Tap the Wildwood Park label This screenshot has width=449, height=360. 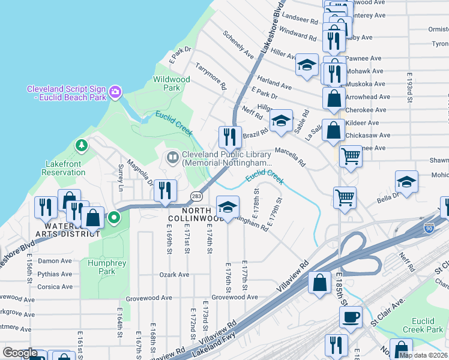coord(172,83)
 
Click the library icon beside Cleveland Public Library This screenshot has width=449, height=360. coord(172,157)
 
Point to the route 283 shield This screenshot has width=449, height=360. coord(196,197)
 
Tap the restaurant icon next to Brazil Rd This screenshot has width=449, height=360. coord(229,137)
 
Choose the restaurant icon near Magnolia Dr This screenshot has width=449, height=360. coord(164,190)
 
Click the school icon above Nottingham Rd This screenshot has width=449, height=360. coord(228,207)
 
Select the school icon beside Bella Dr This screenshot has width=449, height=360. coord(406,182)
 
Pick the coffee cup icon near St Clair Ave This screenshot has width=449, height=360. coord(350,316)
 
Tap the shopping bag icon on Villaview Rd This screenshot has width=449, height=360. coord(320,281)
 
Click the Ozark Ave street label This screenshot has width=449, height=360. coord(174,275)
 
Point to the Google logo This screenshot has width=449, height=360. coord(20,353)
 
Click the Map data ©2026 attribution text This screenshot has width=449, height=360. coord(423,355)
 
